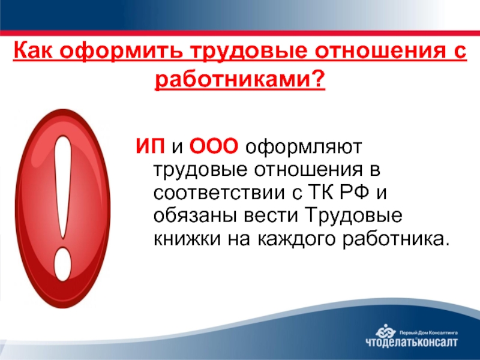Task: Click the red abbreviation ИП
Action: click(150, 146)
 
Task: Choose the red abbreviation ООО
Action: click(214, 146)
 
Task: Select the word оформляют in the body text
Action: click(304, 147)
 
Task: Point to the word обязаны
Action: click(196, 215)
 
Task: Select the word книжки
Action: click(187, 239)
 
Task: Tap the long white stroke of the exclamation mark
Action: click(64, 187)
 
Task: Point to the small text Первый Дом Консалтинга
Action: click(429, 332)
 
